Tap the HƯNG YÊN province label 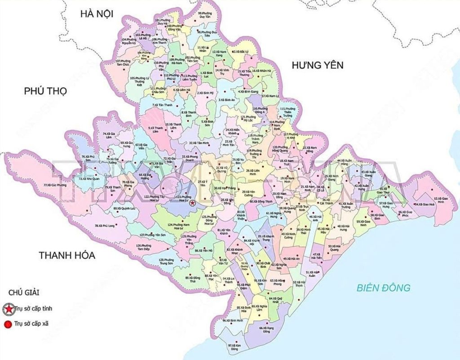coord(317,66)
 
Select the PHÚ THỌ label coord(45,92)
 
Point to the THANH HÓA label coord(67,255)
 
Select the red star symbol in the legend coord(8,309)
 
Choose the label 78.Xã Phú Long coord(105,225)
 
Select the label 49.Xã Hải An coord(292,258)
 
